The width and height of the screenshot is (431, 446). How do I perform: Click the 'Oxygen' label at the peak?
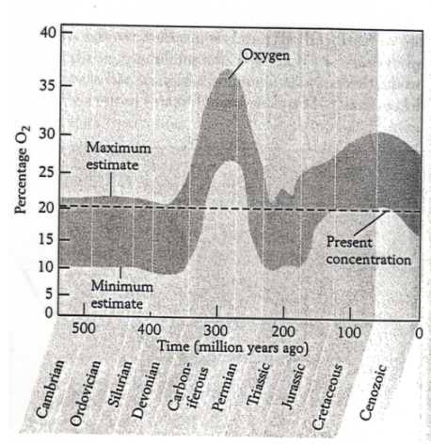(x=266, y=55)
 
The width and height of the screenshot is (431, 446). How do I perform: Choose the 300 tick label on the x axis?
(x=215, y=331)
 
